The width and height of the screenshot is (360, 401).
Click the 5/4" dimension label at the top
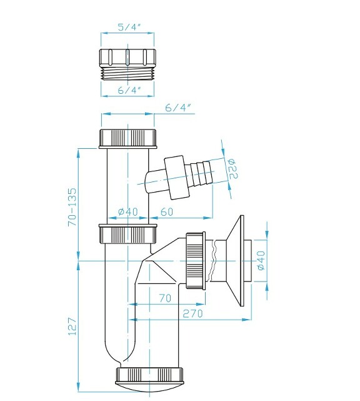[x=129, y=27]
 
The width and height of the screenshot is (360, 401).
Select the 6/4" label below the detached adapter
[x=129, y=91]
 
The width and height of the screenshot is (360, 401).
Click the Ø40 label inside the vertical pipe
[x=128, y=212]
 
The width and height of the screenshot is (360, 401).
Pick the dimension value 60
[x=166, y=212]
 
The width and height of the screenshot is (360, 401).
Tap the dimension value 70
[x=164, y=299]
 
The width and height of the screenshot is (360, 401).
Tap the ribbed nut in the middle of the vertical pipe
[x=128, y=235]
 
